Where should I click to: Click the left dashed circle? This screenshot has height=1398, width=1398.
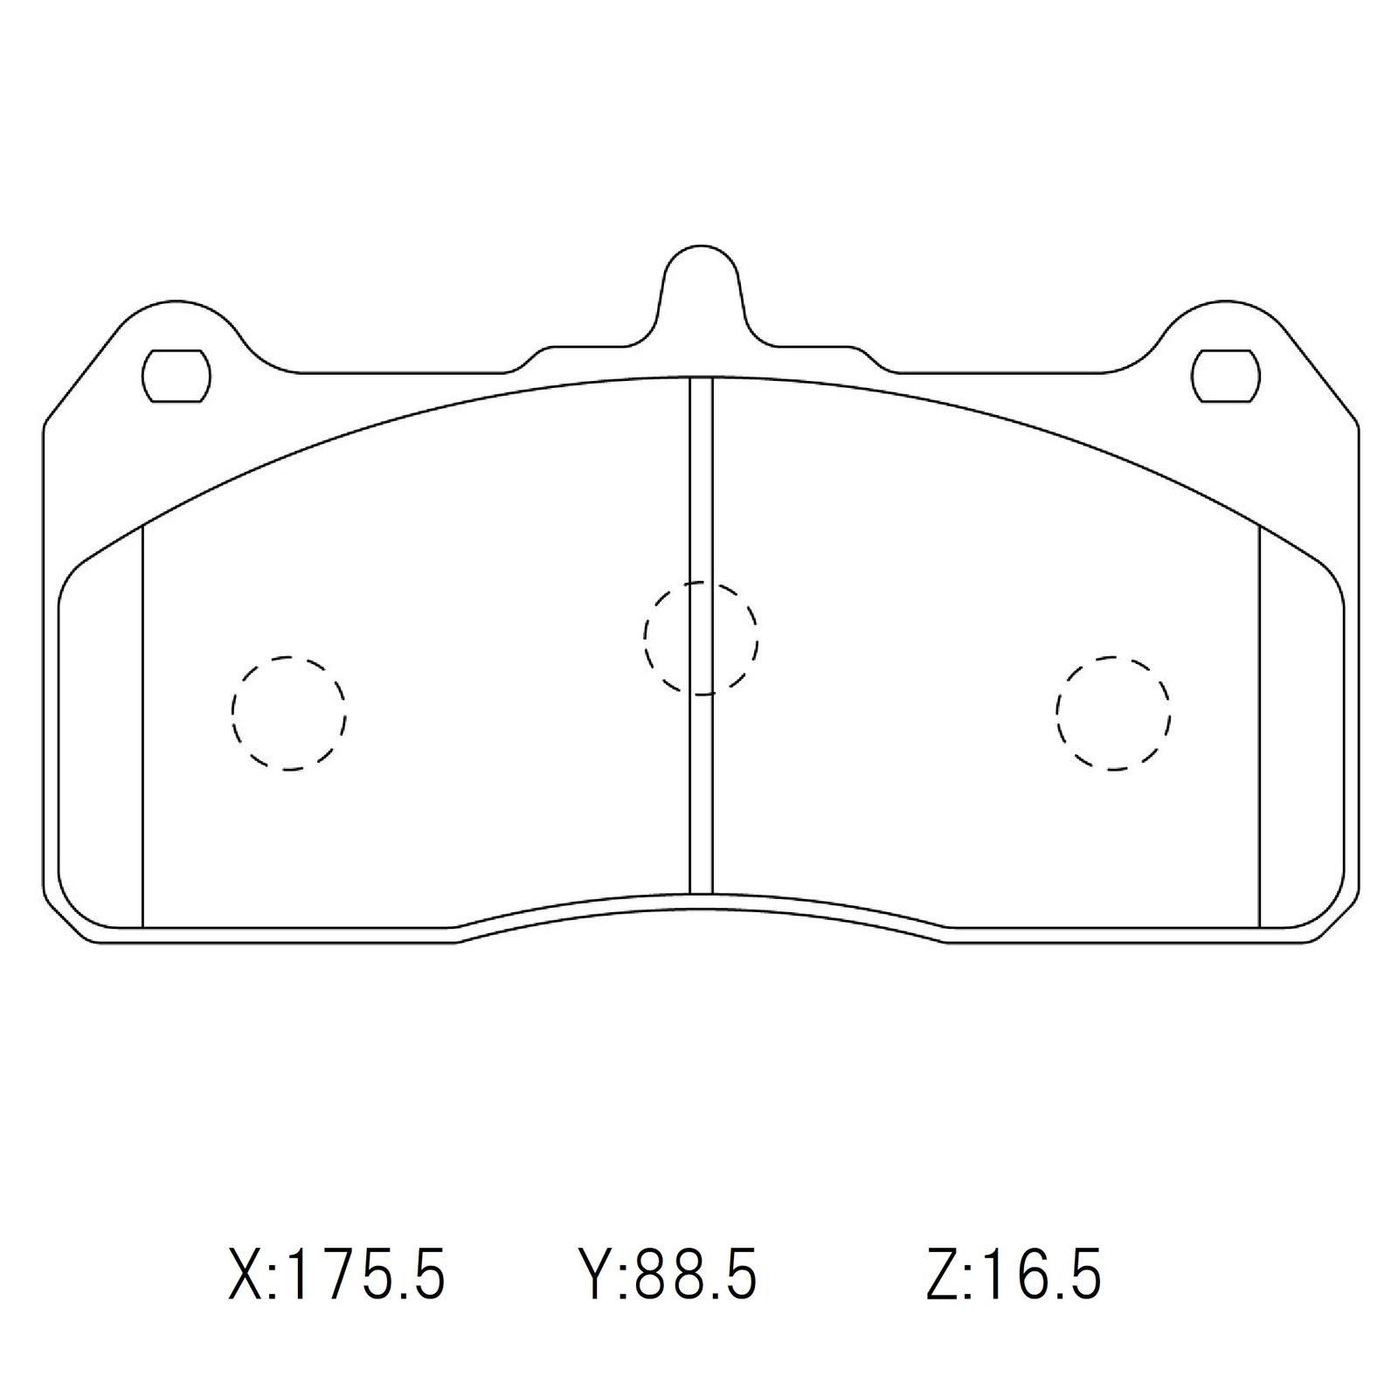pos(288,713)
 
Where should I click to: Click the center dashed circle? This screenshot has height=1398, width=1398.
pos(701,638)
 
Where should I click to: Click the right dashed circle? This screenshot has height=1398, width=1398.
pos(1112,713)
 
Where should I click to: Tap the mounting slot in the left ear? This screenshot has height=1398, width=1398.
pos(176,376)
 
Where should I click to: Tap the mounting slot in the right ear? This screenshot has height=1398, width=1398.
pos(1226,376)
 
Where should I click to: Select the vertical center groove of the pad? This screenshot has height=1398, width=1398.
pos(701,786)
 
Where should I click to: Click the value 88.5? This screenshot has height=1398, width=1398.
pos(695,1276)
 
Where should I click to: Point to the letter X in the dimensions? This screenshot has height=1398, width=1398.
pos(244,1276)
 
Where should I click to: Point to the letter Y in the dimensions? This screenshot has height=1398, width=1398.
pos(595,1276)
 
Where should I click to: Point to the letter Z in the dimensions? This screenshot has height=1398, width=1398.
pos(942,1276)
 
